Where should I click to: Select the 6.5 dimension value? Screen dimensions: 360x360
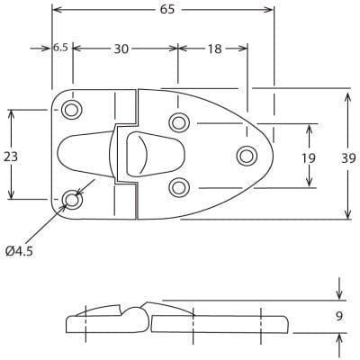pyautogui.click(x=60, y=48)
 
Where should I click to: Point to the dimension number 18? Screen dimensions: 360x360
pyautogui.click(x=214, y=49)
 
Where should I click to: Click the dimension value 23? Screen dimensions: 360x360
pyautogui.click(x=11, y=156)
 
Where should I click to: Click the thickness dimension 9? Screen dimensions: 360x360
pyautogui.click(x=338, y=316)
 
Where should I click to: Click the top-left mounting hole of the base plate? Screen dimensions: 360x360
pyautogui.click(x=70, y=110)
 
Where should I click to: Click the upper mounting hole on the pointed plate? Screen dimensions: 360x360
pyautogui.click(x=179, y=122)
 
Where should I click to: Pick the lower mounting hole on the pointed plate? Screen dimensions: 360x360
pyautogui.click(x=179, y=187)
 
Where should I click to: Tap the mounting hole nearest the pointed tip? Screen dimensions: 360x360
pyautogui.click(x=246, y=156)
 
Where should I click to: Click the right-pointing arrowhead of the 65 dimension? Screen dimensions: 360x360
pyautogui.click(x=268, y=10)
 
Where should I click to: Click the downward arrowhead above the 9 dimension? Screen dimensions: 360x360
pyautogui.click(x=338, y=294)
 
